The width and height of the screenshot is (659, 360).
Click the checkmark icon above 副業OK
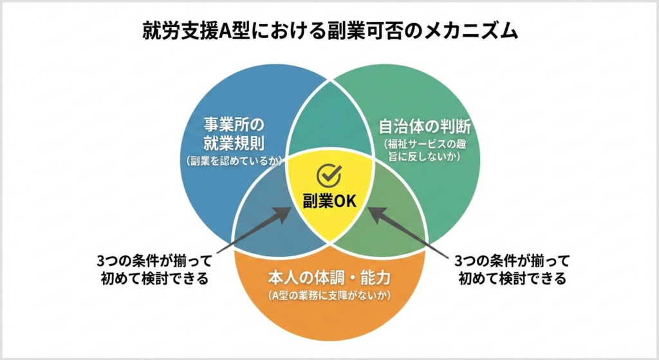(329, 175)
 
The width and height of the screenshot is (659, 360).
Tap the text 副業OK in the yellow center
(329, 201)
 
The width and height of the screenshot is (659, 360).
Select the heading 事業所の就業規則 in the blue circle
(234, 134)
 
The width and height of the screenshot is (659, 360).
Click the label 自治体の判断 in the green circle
(425, 126)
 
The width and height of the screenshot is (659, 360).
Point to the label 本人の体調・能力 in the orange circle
(329, 278)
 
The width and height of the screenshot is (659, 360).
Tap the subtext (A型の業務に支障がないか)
(329, 296)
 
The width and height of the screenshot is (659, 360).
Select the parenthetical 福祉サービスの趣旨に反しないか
(425, 149)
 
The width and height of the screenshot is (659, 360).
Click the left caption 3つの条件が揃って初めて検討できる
(154, 270)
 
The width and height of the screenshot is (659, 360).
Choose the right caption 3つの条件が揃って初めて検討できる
(512, 270)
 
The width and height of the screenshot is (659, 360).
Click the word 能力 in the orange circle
(374, 278)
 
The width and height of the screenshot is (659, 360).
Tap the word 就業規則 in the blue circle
(234, 144)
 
